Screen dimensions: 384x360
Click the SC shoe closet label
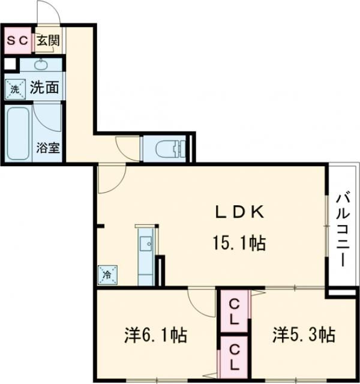coord(16,41)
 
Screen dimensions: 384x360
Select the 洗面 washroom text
coord(44,88)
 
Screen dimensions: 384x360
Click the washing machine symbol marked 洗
coord(15,89)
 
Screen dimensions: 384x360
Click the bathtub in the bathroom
coord(18,134)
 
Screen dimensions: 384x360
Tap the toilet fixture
coord(169,148)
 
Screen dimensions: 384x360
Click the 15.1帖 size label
coord(238,243)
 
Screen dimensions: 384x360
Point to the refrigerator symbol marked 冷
coord(107,275)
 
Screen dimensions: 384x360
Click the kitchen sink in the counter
coord(146,244)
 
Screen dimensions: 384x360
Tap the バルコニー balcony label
coord(342,229)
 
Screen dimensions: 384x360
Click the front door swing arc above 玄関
coord(47,13)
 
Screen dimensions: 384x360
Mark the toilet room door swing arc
coord(128,147)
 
